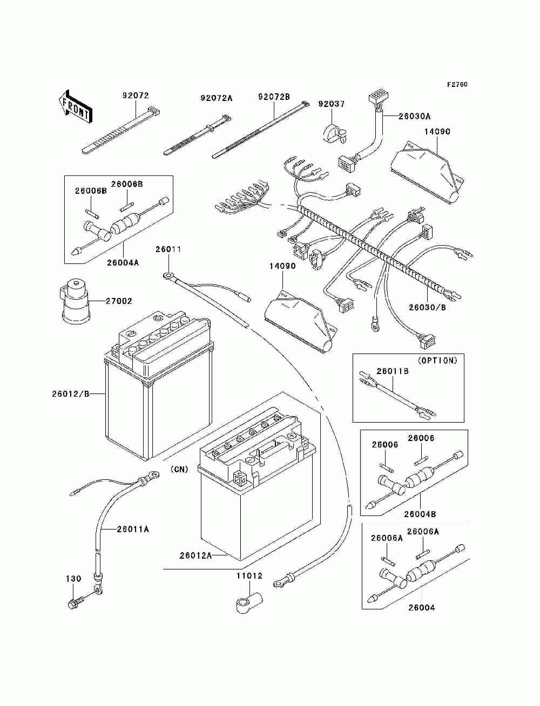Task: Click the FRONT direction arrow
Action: click(75, 104)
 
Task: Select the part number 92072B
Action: click(274, 97)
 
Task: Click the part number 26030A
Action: click(414, 116)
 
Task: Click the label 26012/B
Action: click(70, 393)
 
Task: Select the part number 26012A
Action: click(195, 555)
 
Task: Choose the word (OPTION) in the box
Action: click(437, 361)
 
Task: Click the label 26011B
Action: click(392, 371)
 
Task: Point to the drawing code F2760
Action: click(457, 85)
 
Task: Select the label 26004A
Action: click(123, 262)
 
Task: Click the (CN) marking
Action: click(179, 469)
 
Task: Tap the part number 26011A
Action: click(133, 529)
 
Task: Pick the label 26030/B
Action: click(427, 307)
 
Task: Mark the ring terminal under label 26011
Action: click(168, 276)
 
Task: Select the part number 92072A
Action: click(216, 98)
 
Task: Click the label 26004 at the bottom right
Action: click(421, 607)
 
